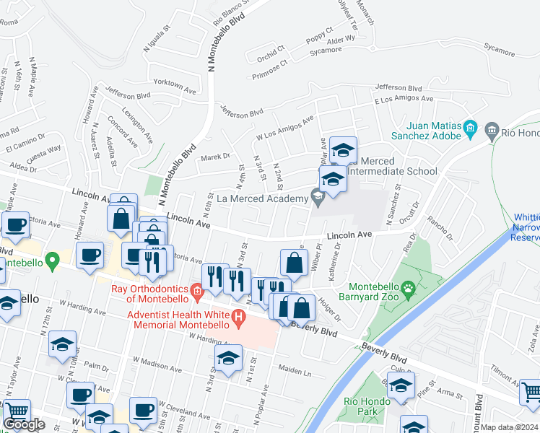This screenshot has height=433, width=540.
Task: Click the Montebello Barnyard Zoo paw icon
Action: coord(409,290)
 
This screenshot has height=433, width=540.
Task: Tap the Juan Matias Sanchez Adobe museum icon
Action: coord(471,130)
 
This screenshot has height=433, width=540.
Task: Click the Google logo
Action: coord(24,424)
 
